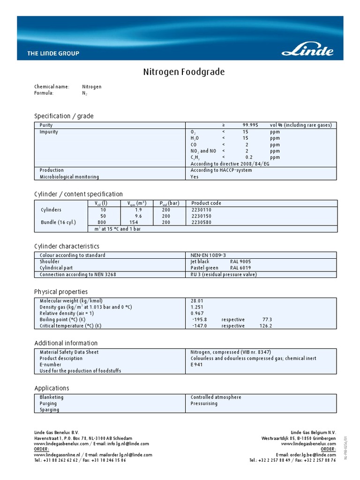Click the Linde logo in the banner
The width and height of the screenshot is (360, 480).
(x=307, y=50)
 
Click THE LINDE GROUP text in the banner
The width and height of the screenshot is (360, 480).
(x=53, y=53)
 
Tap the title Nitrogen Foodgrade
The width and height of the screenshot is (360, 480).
(x=184, y=72)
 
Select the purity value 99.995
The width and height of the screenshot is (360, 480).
(x=250, y=125)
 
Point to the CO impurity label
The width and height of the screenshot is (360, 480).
(x=194, y=145)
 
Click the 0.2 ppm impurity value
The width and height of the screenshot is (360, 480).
(x=249, y=157)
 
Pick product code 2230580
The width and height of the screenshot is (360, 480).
(x=202, y=222)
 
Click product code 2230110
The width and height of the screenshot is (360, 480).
(x=202, y=210)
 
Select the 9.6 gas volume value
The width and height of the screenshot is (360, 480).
(x=138, y=216)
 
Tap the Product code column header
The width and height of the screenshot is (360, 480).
(x=206, y=203)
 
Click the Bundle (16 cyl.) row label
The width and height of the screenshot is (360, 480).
(x=58, y=222)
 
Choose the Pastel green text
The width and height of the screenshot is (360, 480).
(x=204, y=268)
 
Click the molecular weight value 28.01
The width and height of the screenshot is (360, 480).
(x=197, y=300)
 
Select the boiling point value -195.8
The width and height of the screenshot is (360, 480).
(x=199, y=319)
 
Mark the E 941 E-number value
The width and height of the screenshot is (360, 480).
(x=197, y=364)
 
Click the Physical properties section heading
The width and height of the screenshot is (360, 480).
(x=61, y=292)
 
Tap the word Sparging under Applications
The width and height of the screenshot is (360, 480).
(x=50, y=410)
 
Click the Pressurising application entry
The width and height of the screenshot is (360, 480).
(x=204, y=403)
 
